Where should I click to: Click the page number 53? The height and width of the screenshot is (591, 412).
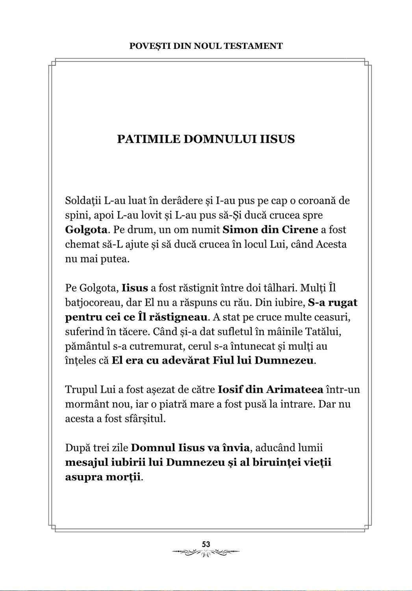coord(206,544)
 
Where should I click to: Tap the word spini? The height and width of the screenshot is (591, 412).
coord(75,215)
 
